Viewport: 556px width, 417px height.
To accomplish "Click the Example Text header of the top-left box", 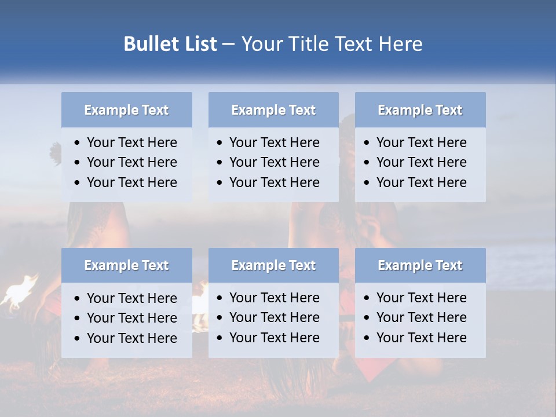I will tap(126, 110).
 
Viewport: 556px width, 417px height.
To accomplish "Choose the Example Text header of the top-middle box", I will tap(273, 110).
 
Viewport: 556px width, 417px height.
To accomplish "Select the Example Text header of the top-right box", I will tap(420, 110).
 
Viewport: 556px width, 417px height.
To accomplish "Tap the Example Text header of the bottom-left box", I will tap(126, 265).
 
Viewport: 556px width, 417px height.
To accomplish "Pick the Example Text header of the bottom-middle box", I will tap(273, 265).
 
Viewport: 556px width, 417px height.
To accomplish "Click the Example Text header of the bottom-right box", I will tap(420, 265).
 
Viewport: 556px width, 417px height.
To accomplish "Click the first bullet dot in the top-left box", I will tap(78, 143).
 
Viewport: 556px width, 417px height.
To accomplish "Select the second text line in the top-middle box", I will tap(274, 162).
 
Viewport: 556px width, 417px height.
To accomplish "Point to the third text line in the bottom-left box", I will tap(131, 338).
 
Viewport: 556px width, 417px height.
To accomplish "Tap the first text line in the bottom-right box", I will tap(421, 298).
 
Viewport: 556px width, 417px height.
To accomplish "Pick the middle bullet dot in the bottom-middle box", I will tap(220, 318).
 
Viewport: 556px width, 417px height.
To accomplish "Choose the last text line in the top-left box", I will tap(131, 182).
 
